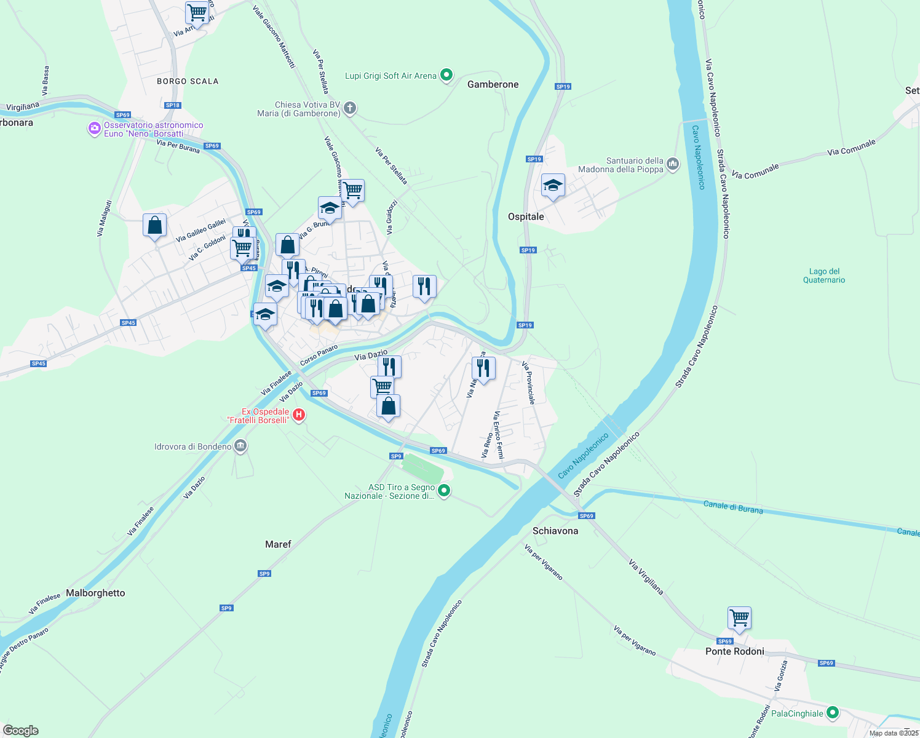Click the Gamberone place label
pyautogui.click(x=493, y=84)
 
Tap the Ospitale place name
pyautogui.click(x=526, y=216)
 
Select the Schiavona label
pyautogui.click(x=555, y=531)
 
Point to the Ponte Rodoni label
pyautogui.click(x=734, y=651)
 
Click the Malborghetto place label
pyautogui.click(x=95, y=593)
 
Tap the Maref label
pyautogui.click(x=278, y=544)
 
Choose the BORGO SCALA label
pyautogui.click(x=188, y=81)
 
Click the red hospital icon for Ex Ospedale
pyautogui.click(x=299, y=415)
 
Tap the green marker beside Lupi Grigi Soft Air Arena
pyautogui.click(x=447, y=76)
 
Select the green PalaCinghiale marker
pyautogui.click(x=833, y=713)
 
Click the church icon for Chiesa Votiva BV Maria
pyautogui.click(x=350, y=109)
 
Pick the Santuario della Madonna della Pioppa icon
pyautogui.click(x=673, y=164)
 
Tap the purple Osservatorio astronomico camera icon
pyautogui.click(x=95, y=129)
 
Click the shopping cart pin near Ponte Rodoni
pyautogui.click(x=739, y=618)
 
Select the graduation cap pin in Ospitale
pyautogui.click(x=553, y=185)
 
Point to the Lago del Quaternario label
pyautogui.click(x=824, y=276)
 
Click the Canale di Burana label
pyautogui.click(x=732, y=507)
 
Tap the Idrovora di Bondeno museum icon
pyautogui.click(x=240, y=446)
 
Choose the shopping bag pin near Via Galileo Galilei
pyautogui.click(x=155, y=226)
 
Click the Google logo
pyautogui.click(x=21, y=731)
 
